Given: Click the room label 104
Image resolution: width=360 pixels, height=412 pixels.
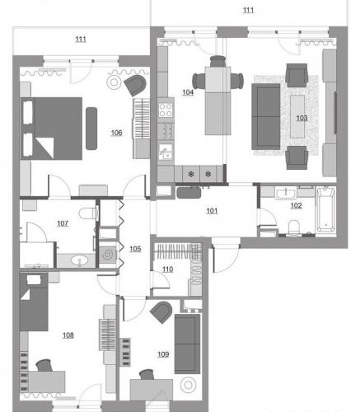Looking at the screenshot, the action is (188, 92).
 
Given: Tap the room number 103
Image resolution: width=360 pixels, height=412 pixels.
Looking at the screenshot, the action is (302, 118).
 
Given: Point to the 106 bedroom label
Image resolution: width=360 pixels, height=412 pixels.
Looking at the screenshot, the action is (116, 133).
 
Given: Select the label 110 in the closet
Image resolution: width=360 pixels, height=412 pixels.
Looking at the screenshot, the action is (167, 269).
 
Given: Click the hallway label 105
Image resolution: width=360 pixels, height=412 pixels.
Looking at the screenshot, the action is (135, 249).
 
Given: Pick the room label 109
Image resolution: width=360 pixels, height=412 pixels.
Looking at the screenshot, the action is (163, 354).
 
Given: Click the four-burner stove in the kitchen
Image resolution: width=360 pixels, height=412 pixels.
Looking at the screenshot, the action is (166, 110).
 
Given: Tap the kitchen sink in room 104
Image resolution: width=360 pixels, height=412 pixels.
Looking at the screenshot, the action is (166, 152).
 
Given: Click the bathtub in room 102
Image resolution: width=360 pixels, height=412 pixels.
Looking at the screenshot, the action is (326, 209).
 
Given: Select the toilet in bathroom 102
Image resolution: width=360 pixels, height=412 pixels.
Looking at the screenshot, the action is (294, 227).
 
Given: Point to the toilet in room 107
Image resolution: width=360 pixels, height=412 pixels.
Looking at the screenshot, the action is (88, 213).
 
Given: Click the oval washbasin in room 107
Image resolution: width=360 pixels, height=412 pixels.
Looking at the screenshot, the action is (79, 260).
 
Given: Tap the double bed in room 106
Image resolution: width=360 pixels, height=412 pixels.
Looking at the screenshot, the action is (51, 129).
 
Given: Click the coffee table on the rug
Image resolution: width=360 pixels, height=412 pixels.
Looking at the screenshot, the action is (297, 116).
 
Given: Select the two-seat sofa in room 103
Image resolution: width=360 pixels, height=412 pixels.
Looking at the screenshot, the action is (266, 117).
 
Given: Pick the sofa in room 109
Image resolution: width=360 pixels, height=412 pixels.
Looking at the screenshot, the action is (187, 344).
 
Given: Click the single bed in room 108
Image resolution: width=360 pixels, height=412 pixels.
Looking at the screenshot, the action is (34, 302).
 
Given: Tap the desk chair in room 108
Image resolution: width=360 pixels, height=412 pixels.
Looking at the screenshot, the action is (44, 365).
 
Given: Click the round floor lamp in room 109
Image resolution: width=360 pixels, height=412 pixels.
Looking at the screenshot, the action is (188, 385).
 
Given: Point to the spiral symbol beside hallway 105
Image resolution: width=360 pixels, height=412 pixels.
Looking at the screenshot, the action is (108, 255).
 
